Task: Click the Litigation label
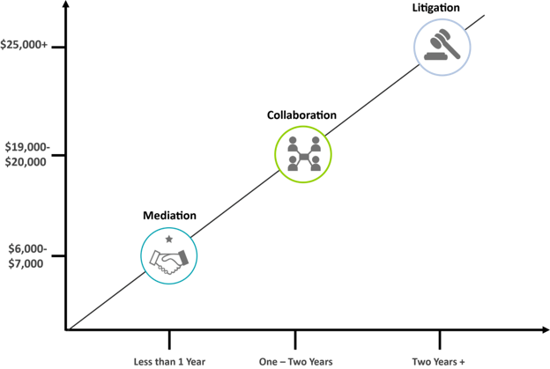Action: click(x=435, y=8)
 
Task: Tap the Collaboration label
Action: click(x=301, y=115)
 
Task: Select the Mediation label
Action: click(x=169, y=215)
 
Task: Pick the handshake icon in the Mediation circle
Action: click(x=168, y=262)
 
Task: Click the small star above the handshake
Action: click(x=169, y=239)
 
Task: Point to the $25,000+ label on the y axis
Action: click(x=24, y=45)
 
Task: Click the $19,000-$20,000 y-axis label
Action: click(x=27, y=154)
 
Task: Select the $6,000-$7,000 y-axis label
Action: click(x=27, y=256)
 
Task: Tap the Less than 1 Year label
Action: click(x=169, y=362)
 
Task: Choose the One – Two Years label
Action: click(x=295, y=362)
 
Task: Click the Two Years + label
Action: click(x=438, y=362)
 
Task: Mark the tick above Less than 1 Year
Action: click(x=169, y=340)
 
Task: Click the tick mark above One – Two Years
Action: click(x=295, y=340)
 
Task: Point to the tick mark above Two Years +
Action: click(x=440, y=340)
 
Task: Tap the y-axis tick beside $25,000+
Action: click(x=58, y=47)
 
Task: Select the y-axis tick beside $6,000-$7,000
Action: click(x=58, y=255)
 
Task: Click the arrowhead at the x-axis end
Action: click(x=546, y=329)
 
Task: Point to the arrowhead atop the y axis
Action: click(x=66, y=4)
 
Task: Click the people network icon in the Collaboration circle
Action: click(x=304, y=154)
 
